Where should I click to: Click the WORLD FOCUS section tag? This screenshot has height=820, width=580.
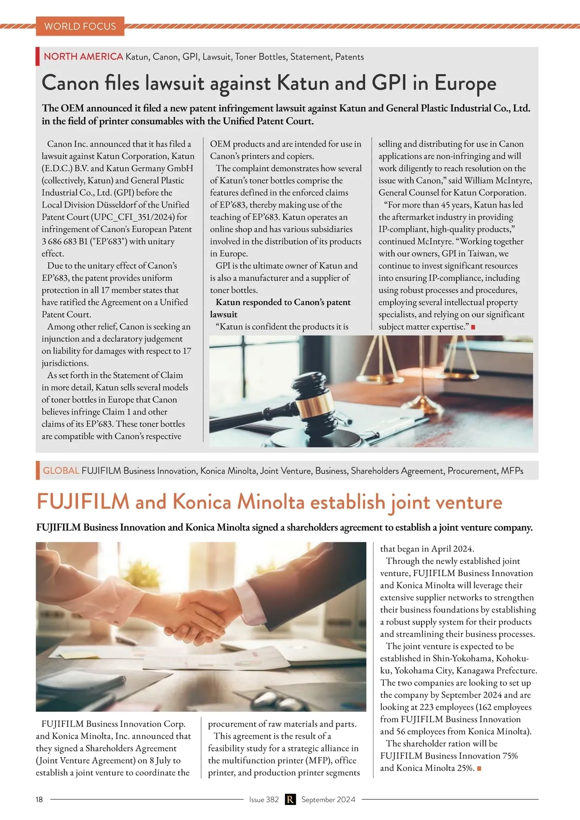[x=80, y=26]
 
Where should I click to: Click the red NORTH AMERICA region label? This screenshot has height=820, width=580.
[x=83, y=57]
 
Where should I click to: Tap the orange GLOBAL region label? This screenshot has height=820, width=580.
[x=61, y=470]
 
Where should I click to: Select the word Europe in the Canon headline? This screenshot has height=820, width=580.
[x=465, y=83]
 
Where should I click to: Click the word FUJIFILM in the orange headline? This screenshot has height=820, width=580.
[x=83, y=502]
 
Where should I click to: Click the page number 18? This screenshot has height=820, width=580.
[x=39, y=799]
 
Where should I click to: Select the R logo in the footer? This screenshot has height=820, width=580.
[x=290, y=799]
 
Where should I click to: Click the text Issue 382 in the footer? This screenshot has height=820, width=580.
[x=264, y=799]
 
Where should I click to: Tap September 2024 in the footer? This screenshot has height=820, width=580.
[x=328, y=799]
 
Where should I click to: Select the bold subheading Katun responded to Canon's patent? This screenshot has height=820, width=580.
[x=283, y=302]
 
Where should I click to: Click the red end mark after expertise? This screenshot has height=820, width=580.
[x=473, y=327]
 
